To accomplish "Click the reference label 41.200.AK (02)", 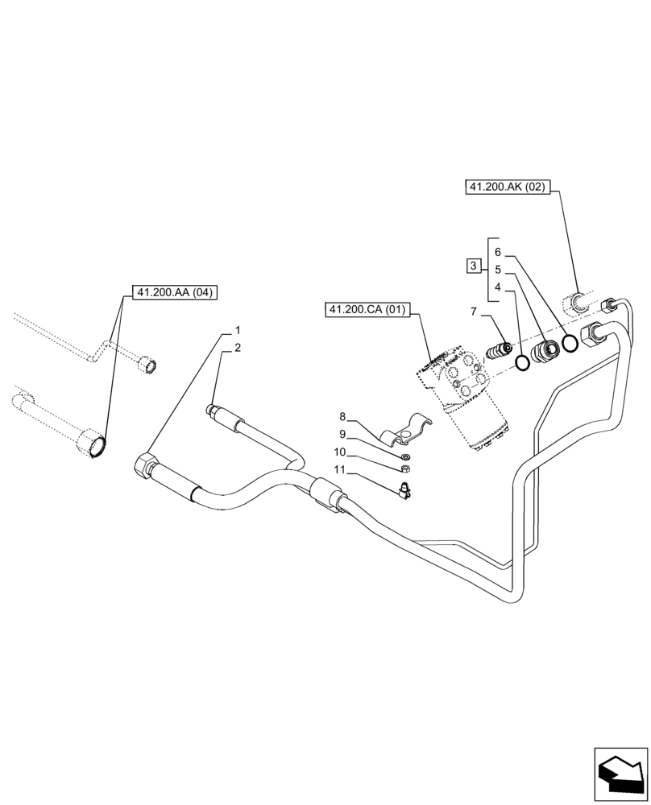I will (507, 188).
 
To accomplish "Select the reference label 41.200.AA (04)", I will (175, 292).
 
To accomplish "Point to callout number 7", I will (474, 311).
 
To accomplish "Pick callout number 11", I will (341, 469).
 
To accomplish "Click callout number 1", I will (238, 330).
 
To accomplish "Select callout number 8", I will (342, 417).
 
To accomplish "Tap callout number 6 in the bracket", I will (498, 252).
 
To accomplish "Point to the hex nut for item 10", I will (406, 469).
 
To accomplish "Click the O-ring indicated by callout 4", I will (523, 363).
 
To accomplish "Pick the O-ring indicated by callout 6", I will (570, 344).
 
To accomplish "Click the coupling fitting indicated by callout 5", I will (546, 352).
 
